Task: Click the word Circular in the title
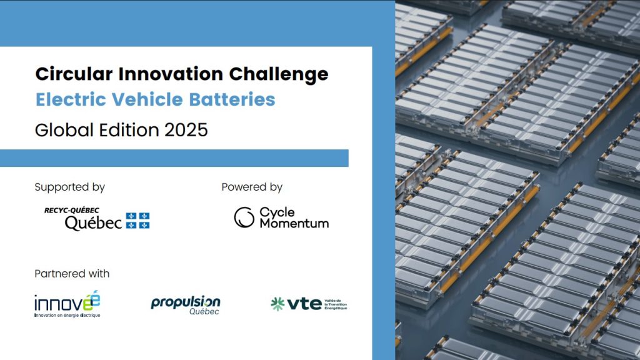click(x=74, y=74)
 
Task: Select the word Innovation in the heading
click(x=171, y=74)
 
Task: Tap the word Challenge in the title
click(x=279, y=76)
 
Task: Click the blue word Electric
click(x=71, y=99)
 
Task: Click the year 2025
click(x=186, y=130)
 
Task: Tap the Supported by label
click(x=70, y=187)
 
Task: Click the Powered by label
click(x=252, y=187)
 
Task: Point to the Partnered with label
click(x=72, y=274)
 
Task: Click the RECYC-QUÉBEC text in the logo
click(x=72, y=211)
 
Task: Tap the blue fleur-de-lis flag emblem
click(x=137, y=221)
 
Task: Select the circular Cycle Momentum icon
click(x=244, y=217)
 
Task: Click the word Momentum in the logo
click(x=294, y=224)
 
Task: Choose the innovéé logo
click(x=67, y=304)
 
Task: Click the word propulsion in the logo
click(x=186, y=303)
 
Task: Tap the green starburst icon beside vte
click(x=277, y=304)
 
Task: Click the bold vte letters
click(x=304, y=304)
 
